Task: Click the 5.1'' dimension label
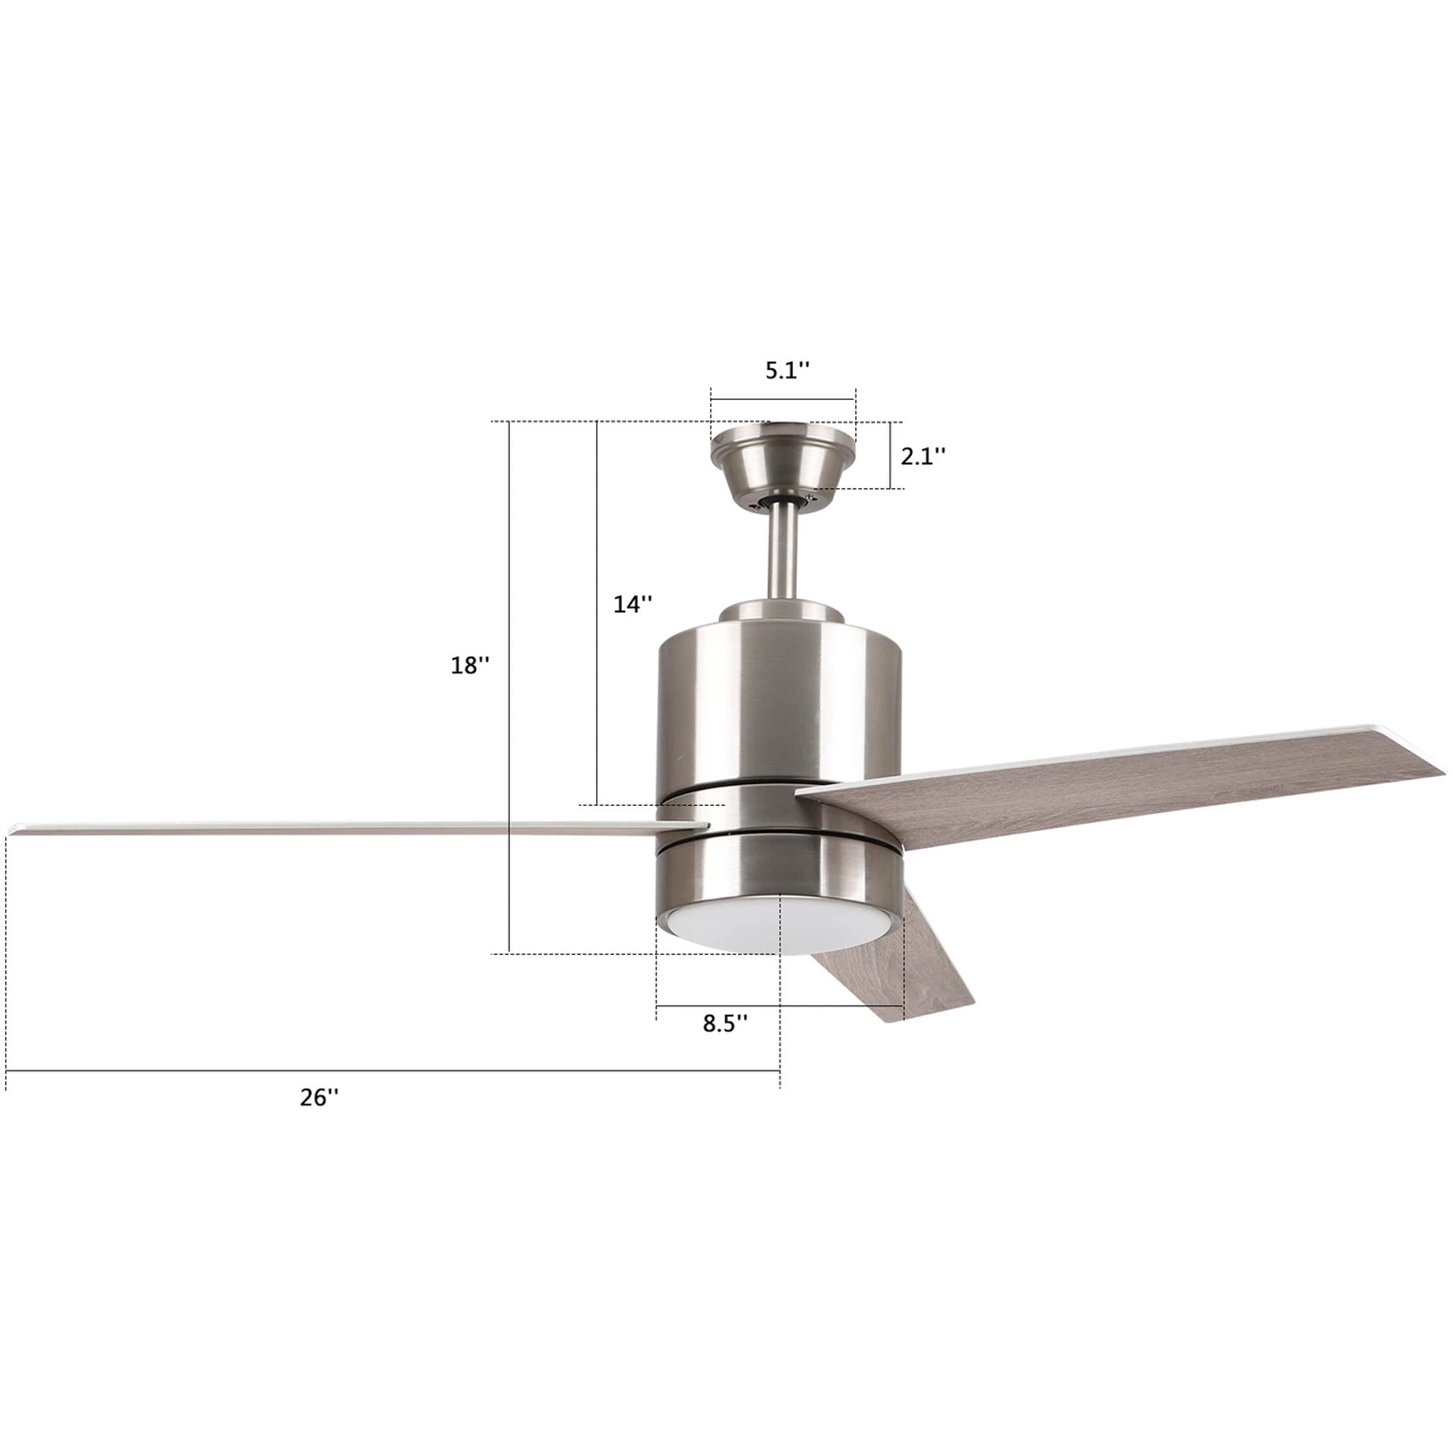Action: coord(787,372)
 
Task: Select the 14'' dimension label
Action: coord(631,604)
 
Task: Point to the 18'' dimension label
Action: coord(471,665)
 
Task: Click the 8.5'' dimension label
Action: coord(726,1023)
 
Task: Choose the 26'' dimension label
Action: coord(319,1119)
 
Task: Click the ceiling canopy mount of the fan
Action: coord(783,462)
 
